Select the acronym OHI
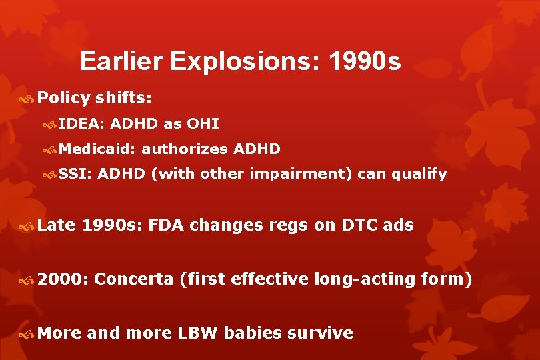click(x=204, y=123)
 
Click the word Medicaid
click(x=97, y=149)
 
